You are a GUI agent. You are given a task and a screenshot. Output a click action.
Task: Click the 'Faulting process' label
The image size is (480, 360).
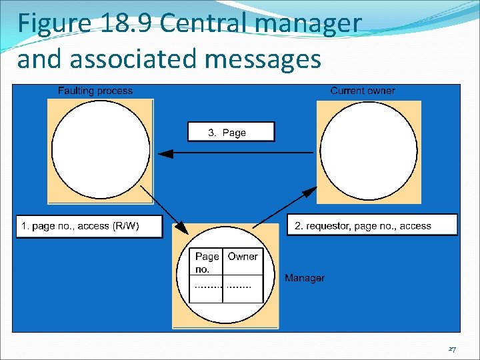tap(95, 91)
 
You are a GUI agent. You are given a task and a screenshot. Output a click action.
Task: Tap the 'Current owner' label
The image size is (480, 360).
tap(363, 91)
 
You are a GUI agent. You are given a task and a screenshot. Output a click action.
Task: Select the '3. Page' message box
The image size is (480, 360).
tap(231, 132)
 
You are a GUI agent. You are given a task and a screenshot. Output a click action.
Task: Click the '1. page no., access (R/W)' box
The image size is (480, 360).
tap(89, 226)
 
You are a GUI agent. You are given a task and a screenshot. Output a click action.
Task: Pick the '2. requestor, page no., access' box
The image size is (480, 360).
tap(372, 225)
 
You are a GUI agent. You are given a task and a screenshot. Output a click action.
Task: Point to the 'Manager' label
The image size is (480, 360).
tap(305, 277)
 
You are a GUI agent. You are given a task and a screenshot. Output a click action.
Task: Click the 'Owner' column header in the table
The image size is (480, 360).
tap(243, 257)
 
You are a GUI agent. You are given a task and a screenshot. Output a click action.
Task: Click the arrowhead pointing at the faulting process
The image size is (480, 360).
tap(164, 153)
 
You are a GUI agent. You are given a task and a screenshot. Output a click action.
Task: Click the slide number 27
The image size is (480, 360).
tap(452, 349)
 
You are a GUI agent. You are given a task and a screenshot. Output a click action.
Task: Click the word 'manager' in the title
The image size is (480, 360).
tap(313, 23)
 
